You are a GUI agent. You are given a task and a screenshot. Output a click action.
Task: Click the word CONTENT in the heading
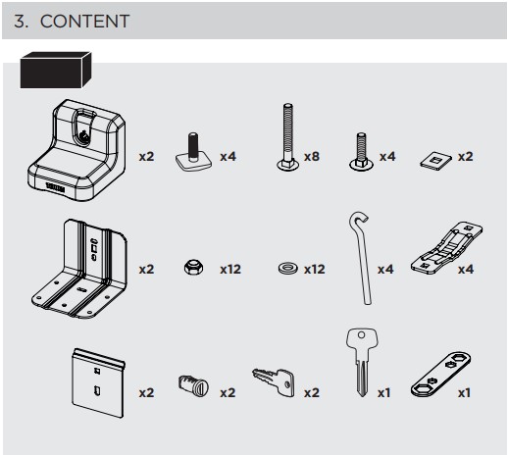click(84, 22)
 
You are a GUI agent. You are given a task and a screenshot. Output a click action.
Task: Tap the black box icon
click(56, 70)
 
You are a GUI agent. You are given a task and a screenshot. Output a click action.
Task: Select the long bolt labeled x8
click(287, 137)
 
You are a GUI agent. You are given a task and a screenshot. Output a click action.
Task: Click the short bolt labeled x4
click(361, 151)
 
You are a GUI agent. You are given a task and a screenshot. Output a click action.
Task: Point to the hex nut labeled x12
click(193, 267)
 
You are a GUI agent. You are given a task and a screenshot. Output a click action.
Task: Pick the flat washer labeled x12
click(288, 268)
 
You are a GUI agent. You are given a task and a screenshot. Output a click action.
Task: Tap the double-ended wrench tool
click(440, 374)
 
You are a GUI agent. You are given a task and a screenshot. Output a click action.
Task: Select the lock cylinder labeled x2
click(193, 385)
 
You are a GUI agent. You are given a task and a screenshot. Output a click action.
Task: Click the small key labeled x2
click(274, 381)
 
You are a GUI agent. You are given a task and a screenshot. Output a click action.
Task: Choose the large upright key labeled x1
click(362, 362)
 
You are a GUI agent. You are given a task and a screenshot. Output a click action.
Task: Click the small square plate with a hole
click(435, 160)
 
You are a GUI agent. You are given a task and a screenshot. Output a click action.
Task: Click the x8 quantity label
click(312, 157)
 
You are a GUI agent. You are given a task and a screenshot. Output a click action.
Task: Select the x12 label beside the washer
click(315, 270)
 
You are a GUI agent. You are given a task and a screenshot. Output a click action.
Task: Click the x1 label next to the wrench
click(464, 392)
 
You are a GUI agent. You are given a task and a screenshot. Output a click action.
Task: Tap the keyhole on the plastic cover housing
click(83, 134)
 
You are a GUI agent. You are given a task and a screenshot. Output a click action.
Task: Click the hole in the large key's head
click(361, 335)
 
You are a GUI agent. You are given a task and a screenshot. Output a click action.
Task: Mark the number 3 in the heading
click(21, 22)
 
